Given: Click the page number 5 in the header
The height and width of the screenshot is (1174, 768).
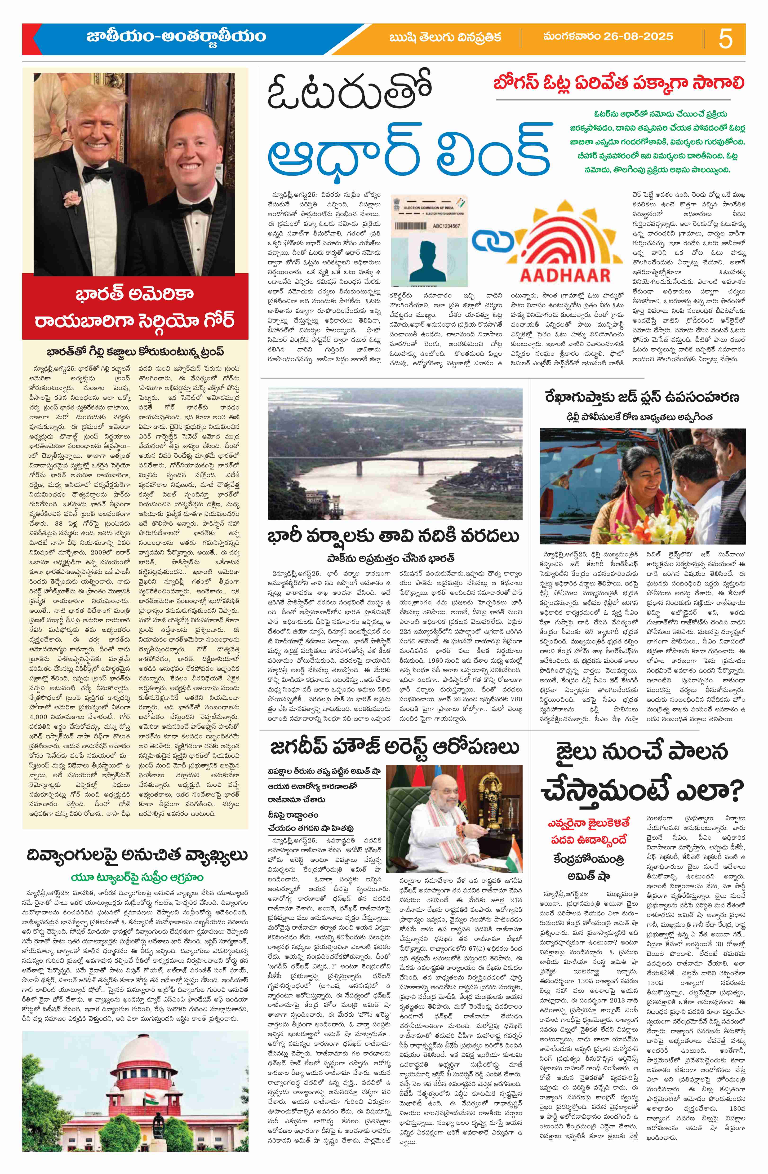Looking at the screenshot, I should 726,39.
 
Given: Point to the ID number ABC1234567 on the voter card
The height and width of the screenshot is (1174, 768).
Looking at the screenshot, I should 441,226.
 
